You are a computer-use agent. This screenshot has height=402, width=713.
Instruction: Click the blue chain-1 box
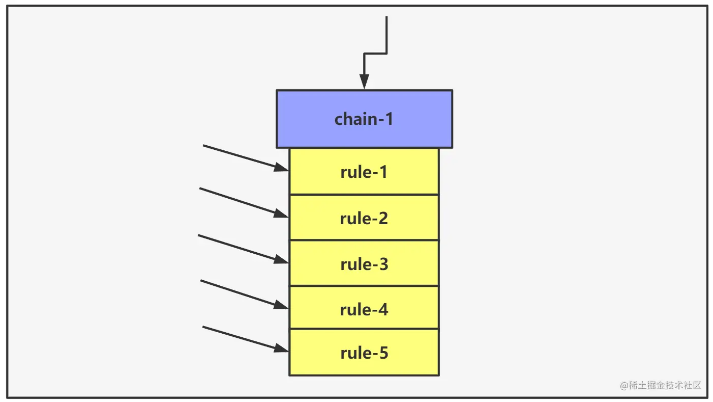tap(364, 119)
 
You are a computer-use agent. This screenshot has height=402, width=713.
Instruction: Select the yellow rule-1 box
tap(364, 172)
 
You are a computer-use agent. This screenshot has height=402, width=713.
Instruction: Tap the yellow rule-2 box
tap(364, 218)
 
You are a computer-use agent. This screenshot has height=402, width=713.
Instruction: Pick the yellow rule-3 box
tap(364, 263)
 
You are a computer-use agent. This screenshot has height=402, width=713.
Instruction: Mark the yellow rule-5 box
tap(364, 353)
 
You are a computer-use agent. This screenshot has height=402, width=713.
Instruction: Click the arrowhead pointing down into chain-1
tap(364, 82)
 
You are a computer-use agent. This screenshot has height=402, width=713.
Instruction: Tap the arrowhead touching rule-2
tap(281, 213)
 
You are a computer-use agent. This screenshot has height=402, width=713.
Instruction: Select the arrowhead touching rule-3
tap(281, 259)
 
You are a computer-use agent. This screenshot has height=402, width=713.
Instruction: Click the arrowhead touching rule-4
tap(281, 305)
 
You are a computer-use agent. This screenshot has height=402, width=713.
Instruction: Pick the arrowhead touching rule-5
tap(281, 348)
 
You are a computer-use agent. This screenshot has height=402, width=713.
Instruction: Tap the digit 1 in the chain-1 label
tap(389, 119)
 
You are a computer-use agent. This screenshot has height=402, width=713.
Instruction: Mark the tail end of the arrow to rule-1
tap(204, 146)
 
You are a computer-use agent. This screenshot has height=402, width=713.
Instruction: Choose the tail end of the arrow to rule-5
tap(204, 327)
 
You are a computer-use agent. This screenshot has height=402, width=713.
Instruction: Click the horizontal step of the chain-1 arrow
tap(375, 53)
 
